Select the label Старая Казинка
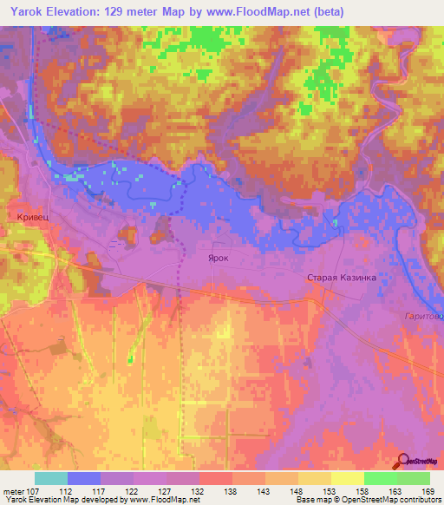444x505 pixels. click(340, 278)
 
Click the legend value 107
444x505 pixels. click(35, 490)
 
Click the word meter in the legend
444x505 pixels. click(12, 490)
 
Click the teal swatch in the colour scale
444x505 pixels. click(50, 478)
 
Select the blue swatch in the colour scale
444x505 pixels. click(83, 478)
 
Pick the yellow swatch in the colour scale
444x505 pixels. click(347, 478)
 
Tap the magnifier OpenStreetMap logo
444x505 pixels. click(403, 462)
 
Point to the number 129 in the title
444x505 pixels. click(120, 12)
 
